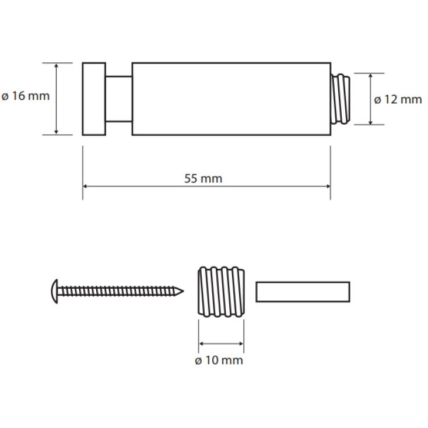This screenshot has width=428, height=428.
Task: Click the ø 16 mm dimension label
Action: (26, 96)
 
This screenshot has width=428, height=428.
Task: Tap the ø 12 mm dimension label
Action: (398, 99)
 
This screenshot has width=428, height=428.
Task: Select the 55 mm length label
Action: (204, 178)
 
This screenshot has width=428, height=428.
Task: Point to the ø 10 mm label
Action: (219, 360)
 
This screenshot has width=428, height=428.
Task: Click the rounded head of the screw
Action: (55, 291)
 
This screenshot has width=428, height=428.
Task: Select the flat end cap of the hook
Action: (94, 99)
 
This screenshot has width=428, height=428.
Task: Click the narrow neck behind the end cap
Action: (119, 99)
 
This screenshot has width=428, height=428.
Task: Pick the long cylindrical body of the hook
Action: (231, 99)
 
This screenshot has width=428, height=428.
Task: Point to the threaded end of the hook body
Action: (341, 99)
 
